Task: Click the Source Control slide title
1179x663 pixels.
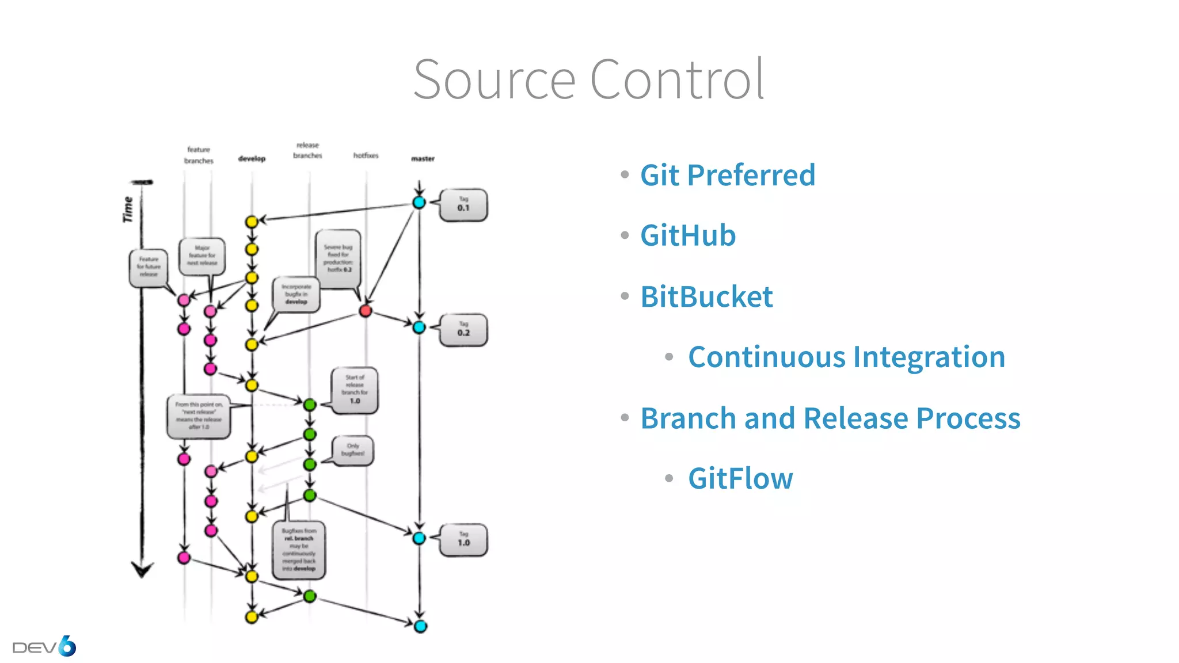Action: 588,79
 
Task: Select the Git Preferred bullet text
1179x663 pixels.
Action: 728,175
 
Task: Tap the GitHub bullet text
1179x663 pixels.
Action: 688,235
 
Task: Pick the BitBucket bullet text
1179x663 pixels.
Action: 706,297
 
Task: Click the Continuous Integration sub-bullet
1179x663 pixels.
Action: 846,357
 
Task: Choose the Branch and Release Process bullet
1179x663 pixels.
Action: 830,418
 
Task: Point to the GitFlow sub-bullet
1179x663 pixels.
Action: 740,479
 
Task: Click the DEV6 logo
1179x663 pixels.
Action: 44,647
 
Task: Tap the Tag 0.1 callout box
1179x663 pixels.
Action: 463,205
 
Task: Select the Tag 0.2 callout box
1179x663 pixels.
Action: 463,330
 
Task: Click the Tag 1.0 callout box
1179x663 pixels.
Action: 463,540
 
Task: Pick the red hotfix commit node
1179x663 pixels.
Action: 365,311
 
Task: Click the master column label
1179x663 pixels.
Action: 423,159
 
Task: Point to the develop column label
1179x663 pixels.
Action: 252,159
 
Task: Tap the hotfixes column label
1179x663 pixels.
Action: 366,156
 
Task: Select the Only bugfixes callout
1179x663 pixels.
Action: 352,450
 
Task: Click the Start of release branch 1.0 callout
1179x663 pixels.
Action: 355,390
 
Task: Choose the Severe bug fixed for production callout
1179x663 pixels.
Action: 339,258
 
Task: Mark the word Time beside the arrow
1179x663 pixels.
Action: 127,209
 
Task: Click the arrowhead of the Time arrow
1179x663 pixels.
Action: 142,570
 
